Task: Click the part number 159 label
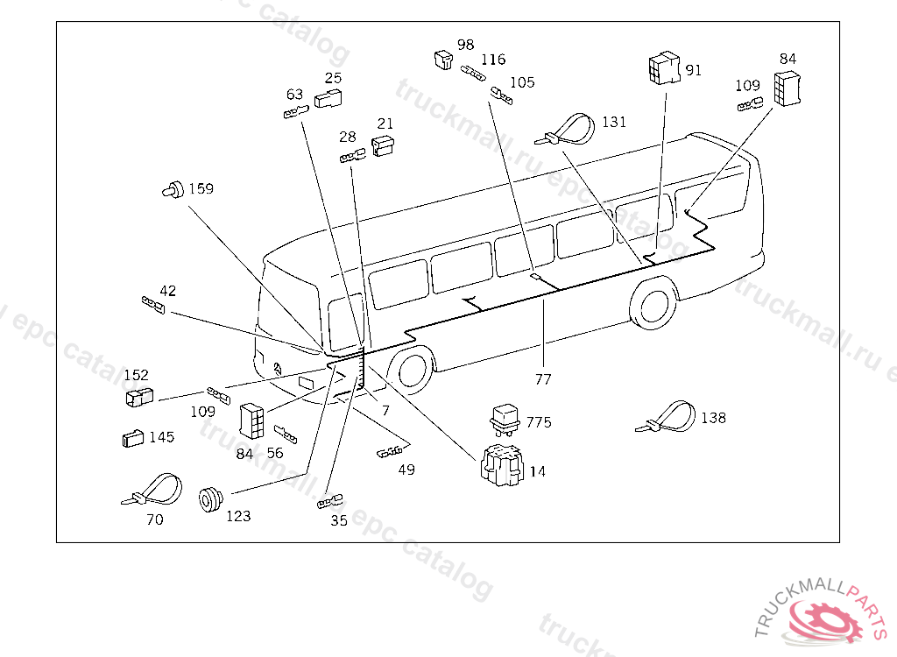(x=201, y=189)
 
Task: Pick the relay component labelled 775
(x=506, y=417)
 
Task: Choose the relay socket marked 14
(x=500, y=464)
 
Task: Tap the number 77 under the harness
(x=544, y=379)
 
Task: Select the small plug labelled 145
(x=132, y=437)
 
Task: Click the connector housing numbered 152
(x=139, y=397)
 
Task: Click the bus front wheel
(x=410, y=370)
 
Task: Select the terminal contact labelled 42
(x=153, y=304)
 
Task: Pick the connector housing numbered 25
(x=328, y=98)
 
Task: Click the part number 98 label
(x=466, y=45)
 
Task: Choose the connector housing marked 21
(x=383, y=145)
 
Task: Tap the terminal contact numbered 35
(x=328, y=503)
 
